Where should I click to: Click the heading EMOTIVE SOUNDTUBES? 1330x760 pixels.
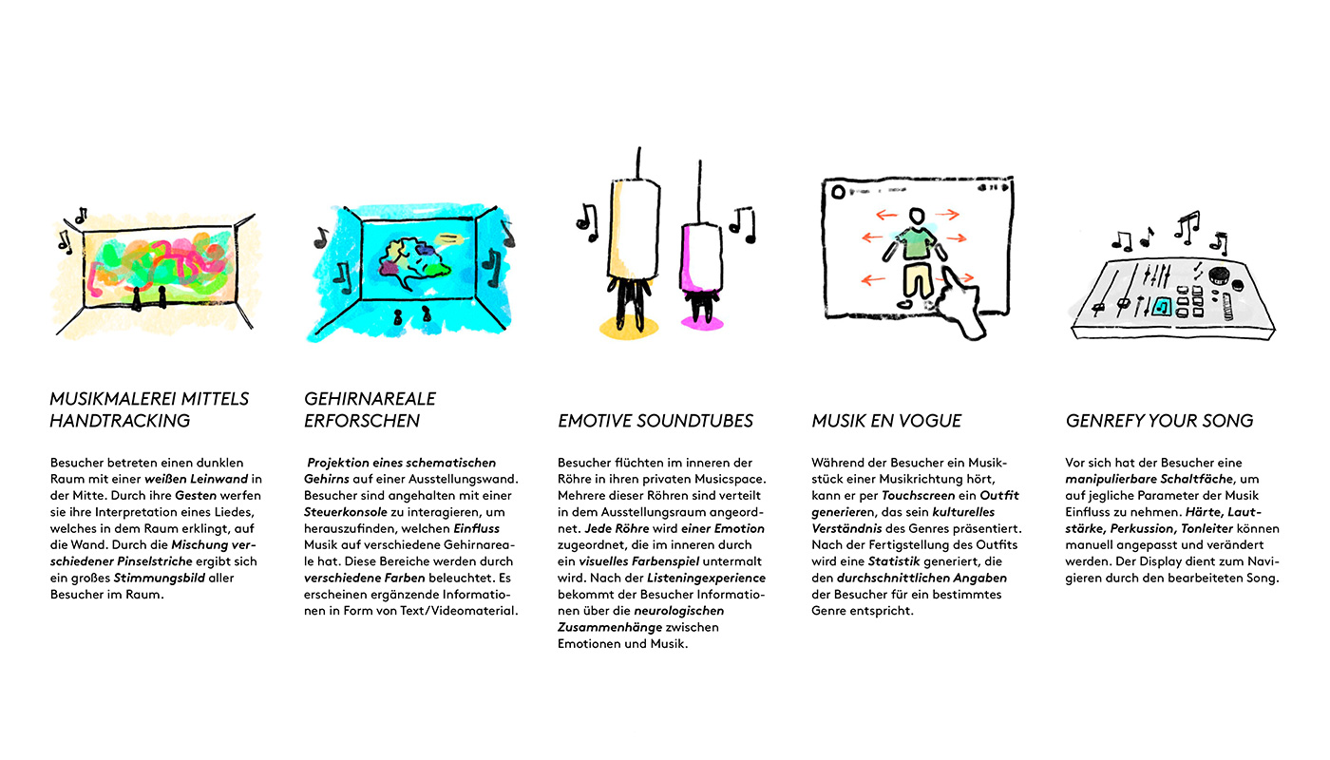655,421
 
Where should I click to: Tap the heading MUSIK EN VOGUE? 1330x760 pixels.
886,421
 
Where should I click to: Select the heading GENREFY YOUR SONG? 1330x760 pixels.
1159,421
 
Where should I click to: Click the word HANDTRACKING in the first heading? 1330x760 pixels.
120,421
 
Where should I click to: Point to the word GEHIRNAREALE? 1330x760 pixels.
370,399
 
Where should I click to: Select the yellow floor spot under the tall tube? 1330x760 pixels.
629,327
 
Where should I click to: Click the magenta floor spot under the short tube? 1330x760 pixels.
702,323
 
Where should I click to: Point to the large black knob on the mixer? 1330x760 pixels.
1219,275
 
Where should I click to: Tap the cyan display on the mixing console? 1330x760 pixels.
1161,306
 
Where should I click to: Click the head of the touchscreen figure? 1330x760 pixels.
917,217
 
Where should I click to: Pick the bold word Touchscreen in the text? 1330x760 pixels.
918,495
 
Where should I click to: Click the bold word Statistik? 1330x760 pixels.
894,561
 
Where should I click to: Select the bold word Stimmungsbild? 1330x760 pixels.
160,578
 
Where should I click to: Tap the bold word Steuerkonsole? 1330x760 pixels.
346,512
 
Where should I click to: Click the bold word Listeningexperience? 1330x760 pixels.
706,578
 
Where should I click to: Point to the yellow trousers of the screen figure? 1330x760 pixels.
918,279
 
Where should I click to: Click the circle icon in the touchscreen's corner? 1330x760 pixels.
838,192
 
